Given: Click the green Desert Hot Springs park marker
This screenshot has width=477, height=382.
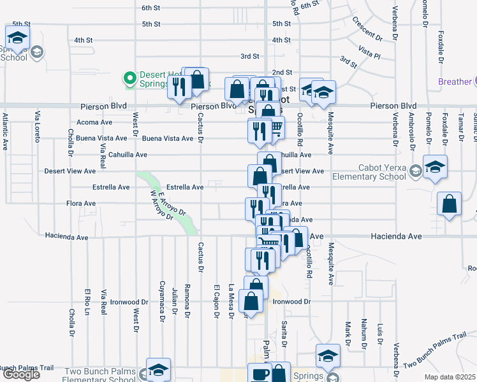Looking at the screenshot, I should coord(130,78).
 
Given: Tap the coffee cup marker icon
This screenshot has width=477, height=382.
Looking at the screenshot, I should coord(260,374).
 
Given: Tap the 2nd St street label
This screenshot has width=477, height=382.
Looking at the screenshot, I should coord(281,73).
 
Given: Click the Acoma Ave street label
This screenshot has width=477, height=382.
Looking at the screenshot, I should coord(94,122).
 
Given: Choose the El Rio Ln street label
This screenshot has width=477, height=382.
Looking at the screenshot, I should coord(86,303).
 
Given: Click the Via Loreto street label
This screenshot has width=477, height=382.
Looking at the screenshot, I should coord(38,125).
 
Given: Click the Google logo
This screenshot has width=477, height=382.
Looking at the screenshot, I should coord(21,375).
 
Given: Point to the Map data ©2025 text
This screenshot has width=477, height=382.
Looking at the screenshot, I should coord(450,377).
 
